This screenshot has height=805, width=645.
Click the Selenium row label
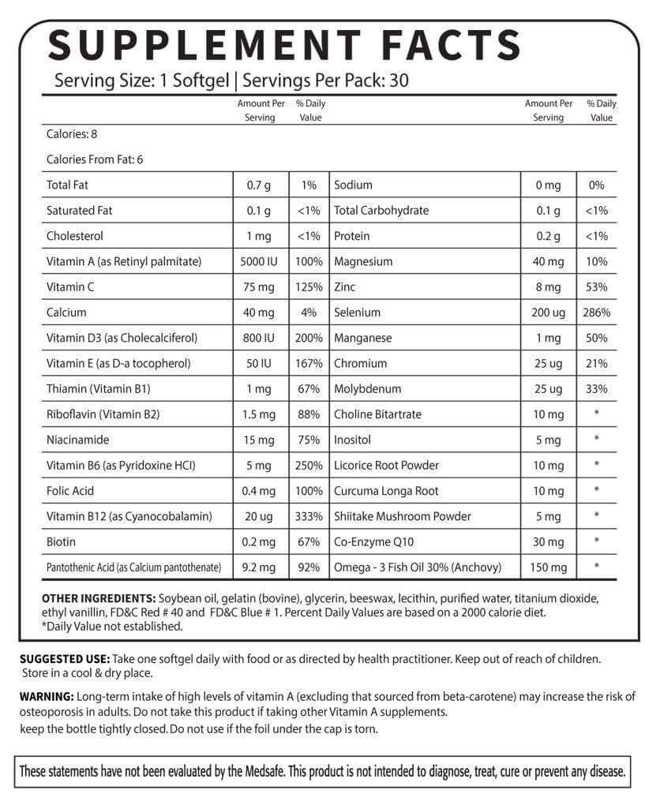pos(357,313)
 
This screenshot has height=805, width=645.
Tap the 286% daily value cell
pos(596,313)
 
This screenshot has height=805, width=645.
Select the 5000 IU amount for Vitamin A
pos(260,261)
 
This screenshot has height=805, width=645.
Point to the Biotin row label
pos(62,542)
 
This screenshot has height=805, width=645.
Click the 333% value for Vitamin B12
pos(309,516)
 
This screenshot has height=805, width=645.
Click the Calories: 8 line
pos(72,134)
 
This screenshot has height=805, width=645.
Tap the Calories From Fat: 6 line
pos(95,159)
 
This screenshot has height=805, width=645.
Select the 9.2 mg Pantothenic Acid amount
pos(260,567)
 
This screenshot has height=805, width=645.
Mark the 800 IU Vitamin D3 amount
pos(260,338)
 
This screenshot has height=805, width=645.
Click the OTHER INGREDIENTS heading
pos(98,598)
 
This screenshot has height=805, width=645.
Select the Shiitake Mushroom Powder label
pos(403,516)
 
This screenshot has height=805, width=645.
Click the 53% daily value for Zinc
pos(596,286)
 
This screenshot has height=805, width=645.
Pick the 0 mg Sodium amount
pos(548,185)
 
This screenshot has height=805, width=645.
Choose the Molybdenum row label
pos(367,389)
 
